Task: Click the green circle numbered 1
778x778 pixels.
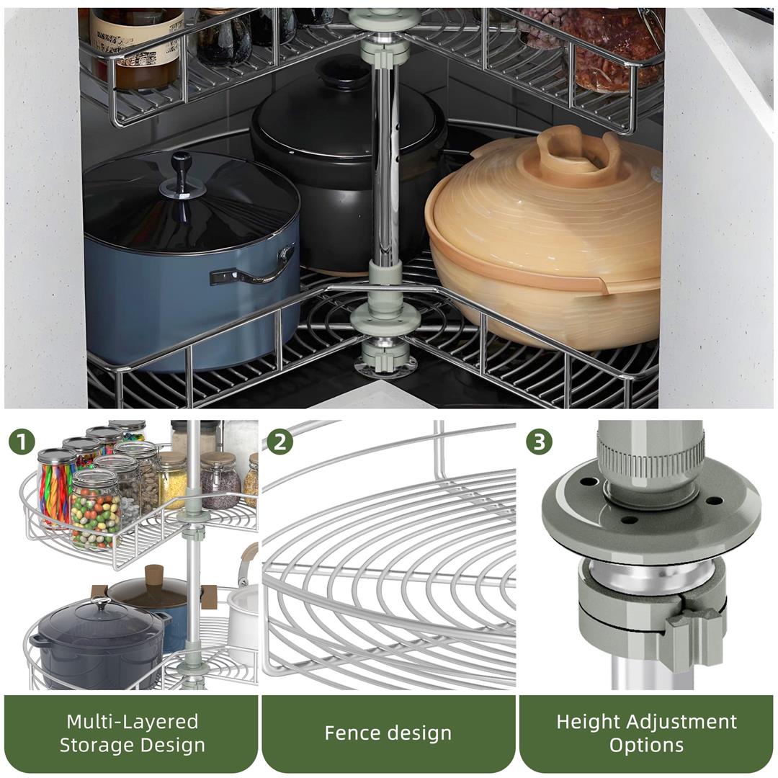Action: pyautogui.click(x=22, y=441)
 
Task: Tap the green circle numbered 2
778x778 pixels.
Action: pyautogui.click(x=280, y=441)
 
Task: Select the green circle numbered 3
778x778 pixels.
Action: pyautogui.click(x=540, y=441)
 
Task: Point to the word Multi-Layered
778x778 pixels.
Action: pyautogui.click(x=132, y=721)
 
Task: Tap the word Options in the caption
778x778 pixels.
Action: pyautogui.click(x=646, y=745)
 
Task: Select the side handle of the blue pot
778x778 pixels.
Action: pyautogui.click(x=252, y=267)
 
